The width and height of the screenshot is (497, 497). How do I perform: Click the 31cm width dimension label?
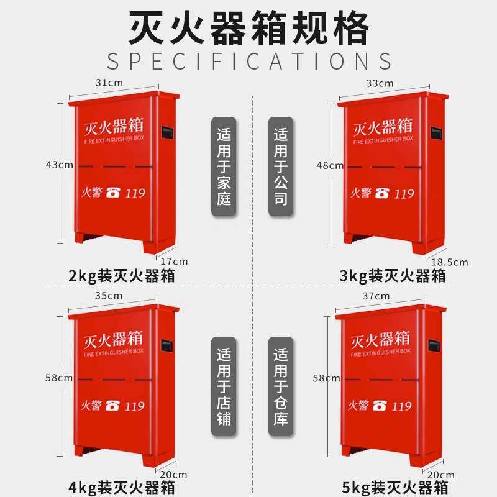pyautogui.click(x=108, y=82)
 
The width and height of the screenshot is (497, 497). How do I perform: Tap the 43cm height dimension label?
pyautogui.click(x=59, y=165)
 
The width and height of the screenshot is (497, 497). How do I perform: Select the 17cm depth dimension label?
pyautogui.click(x=174, y=262)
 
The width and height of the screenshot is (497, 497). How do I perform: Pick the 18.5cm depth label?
pyautogui.click(x=450, y=262)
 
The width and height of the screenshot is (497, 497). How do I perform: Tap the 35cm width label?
pyautogui.click(x=109, y=296)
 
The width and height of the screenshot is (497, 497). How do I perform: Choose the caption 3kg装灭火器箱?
pyautogui.click(x=393, y=275)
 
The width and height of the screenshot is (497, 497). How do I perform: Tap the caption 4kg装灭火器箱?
pyautogui.click(x=121, y=486)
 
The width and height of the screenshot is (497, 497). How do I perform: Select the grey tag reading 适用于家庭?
pyautogui.click(x=224, y=166)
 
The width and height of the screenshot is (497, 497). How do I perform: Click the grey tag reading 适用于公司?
pyautogui.click(x=281, y=166)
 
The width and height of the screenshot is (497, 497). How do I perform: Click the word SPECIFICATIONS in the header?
pyautogui.click(x=248, y=62)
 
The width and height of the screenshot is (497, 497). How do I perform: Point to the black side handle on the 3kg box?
pyautogui.click(x=437, y=133)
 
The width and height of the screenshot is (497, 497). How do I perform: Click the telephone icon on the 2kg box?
pyautogui.click(x=112, y=193)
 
